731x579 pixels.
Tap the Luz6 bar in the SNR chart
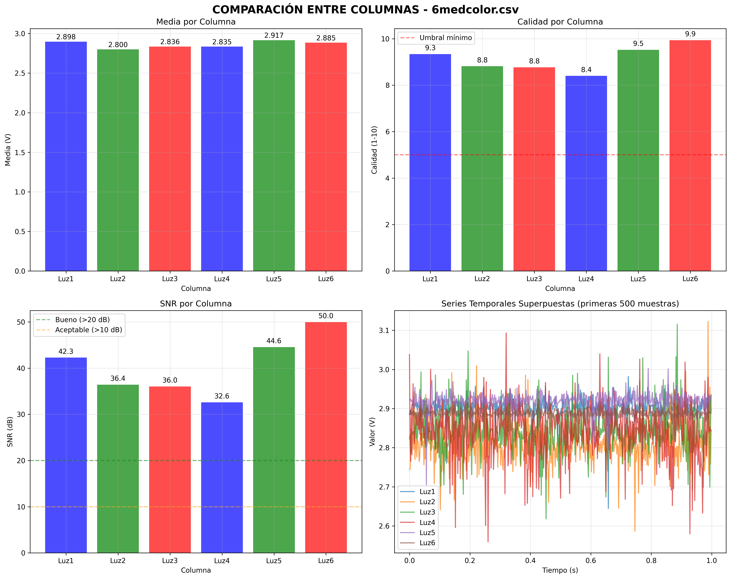[326, 437]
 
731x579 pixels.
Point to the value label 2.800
[118, 45]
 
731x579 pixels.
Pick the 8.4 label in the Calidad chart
[586, 70]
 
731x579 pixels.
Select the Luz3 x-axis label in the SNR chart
[170, 561]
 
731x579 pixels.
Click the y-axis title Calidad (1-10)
[374, 150]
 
